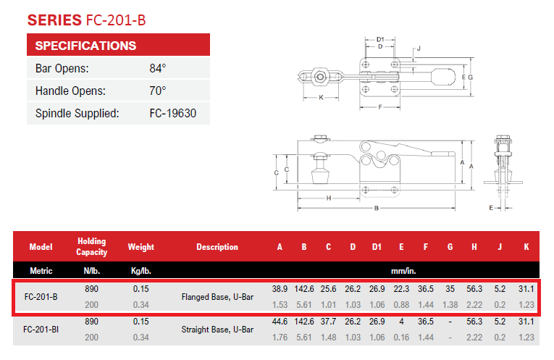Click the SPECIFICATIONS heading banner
tap(118, 44)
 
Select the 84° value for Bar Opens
tap(158, 68)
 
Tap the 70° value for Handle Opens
tap(158, 91)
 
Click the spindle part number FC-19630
tap(173, 114)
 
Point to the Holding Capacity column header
tap(91, 246)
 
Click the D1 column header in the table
tap(377, 247)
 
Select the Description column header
tap(217, 247)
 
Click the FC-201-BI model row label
tap(41, 330)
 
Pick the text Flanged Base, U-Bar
tap(217, 297)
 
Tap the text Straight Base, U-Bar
tap(217, 330)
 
